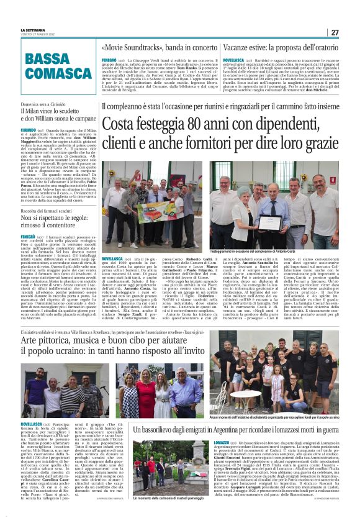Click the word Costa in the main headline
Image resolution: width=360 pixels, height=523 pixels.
[122, 126]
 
